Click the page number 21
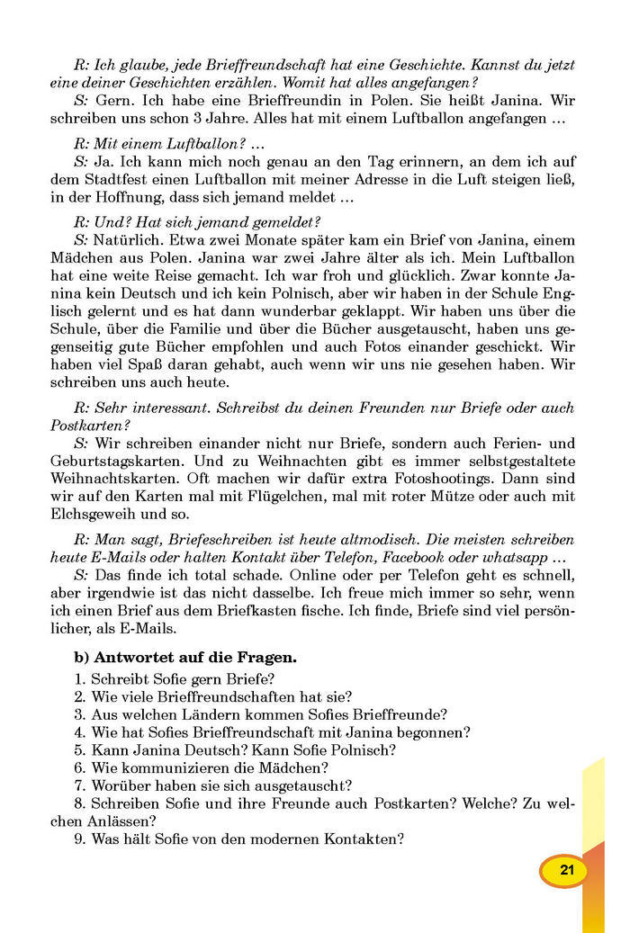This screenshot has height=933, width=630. (x=566, y=871)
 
